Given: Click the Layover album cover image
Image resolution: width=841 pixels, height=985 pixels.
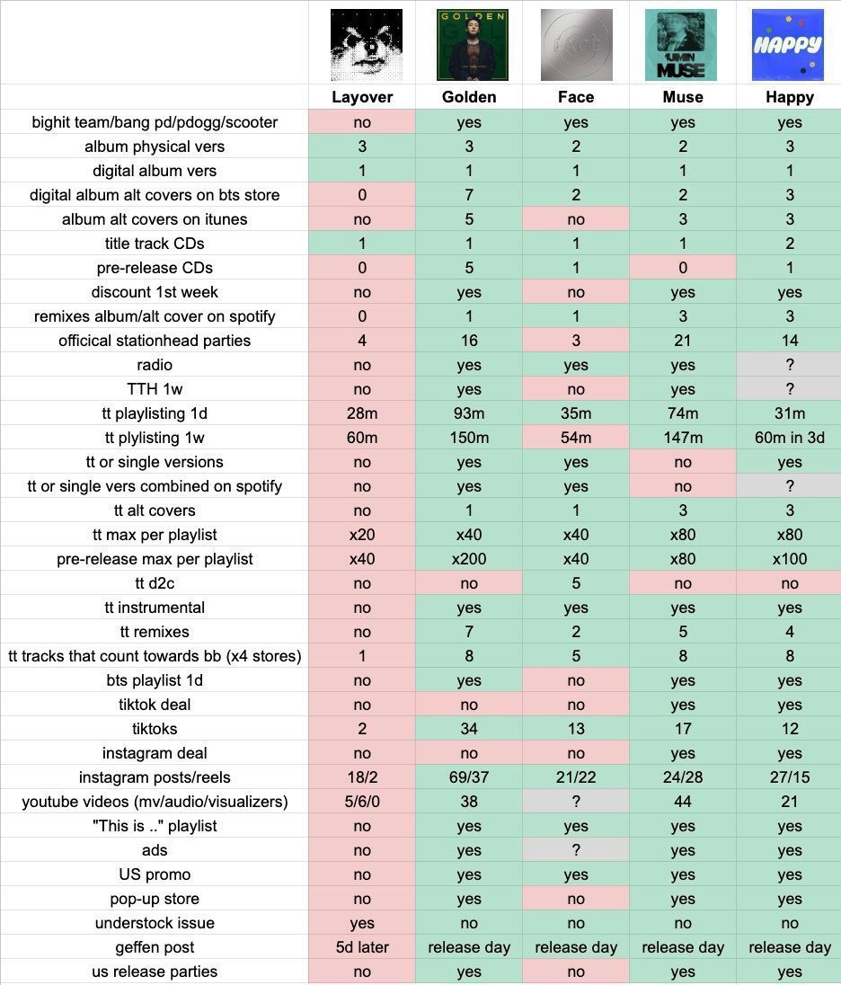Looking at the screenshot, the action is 367,45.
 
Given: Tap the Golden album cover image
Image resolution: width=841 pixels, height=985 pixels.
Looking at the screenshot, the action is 473,45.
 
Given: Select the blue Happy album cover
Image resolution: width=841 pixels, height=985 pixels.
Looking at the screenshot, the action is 788,45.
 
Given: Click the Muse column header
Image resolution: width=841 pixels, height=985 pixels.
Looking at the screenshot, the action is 683,97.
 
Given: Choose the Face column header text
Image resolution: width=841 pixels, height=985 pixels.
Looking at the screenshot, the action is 576,97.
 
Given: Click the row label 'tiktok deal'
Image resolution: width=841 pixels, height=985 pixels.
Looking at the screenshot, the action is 155,705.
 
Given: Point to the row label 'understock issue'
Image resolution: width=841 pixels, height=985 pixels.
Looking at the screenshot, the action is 155,923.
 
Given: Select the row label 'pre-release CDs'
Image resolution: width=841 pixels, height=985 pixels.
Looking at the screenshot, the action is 155,268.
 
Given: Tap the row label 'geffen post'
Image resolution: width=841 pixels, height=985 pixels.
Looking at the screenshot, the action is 155,946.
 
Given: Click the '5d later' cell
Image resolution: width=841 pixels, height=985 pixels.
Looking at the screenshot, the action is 362,946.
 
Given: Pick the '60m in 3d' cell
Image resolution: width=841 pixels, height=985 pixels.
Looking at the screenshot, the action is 790,437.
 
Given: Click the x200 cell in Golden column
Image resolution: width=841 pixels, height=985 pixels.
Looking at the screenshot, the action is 469,558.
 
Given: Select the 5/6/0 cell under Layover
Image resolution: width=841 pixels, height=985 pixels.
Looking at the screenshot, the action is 362,802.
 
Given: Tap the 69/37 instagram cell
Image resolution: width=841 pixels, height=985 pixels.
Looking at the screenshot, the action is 469,777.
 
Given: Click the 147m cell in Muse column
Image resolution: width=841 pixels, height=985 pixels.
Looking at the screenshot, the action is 683,437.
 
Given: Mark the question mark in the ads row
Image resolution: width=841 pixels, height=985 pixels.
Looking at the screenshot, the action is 576,850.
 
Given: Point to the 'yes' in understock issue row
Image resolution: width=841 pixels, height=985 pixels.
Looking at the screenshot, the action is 362,923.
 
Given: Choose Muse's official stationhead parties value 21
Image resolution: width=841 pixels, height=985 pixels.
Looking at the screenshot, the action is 683,341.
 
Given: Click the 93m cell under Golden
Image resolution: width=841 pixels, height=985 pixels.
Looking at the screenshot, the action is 469,413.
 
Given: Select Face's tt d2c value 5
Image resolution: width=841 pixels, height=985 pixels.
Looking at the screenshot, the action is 576,583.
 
